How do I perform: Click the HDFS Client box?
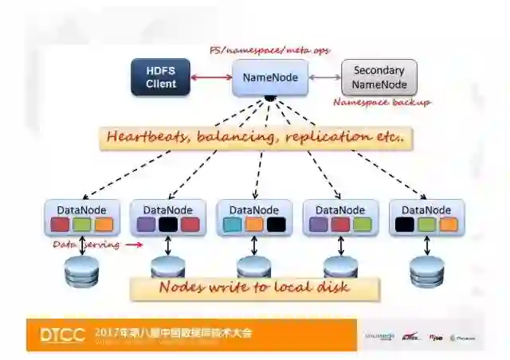click(161, 77)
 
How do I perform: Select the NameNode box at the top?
click(270, 77)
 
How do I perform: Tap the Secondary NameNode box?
click(379, 77)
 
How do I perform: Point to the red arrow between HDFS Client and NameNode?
click(211, 77)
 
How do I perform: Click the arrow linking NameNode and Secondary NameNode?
click(324, 77)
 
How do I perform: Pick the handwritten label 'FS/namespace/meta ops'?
click(269, 50)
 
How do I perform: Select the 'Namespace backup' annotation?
click(382, 102)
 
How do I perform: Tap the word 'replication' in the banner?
click(325, 137)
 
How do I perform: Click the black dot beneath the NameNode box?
click(270, 99)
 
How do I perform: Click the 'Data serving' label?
click(86, 245)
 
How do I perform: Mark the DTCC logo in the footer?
click(62, 335)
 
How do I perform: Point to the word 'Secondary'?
click(379, 70)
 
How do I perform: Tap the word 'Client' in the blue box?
click(161, 84)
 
